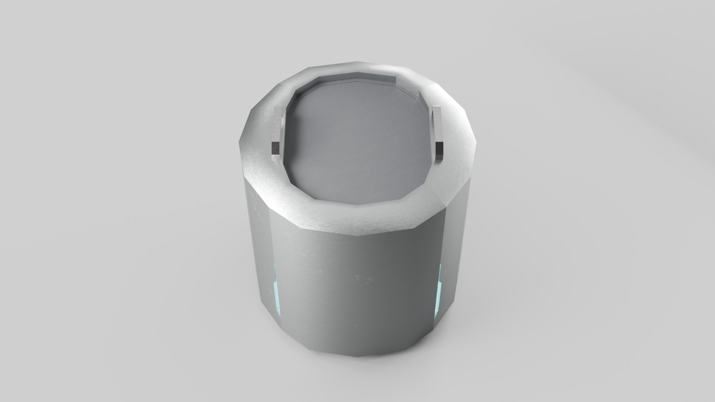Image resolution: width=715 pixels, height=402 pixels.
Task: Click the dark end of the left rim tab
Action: click(x=275, y=148)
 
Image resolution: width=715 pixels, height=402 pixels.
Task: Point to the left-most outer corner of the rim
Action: click(x=240, y=141)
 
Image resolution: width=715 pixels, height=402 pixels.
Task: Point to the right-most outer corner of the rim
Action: click(x=475, y=141)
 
